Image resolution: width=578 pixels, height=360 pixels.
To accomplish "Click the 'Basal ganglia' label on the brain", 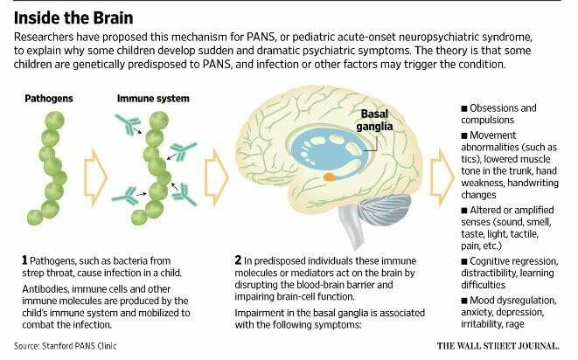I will [372, 121].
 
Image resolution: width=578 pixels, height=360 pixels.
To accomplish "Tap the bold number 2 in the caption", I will [238, 260].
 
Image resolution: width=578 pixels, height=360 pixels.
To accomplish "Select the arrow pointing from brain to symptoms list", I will [442, 177].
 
